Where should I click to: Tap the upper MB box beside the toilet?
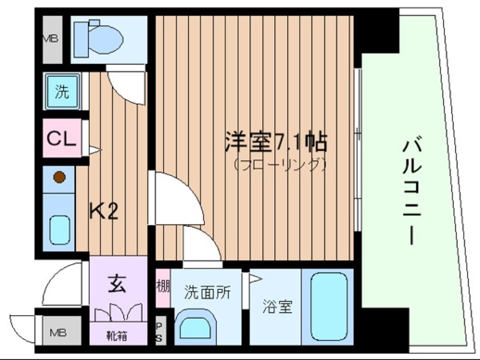pos(52,40)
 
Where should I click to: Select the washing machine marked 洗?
pos(61,91)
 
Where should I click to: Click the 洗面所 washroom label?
pos(207,294)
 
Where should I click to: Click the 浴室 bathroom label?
pos(277,307)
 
